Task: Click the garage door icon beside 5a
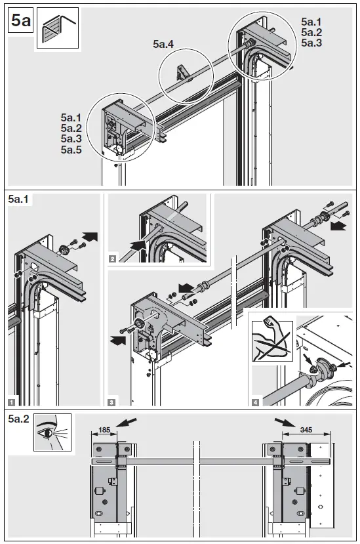56,26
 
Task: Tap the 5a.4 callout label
164,45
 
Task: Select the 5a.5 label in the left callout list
71,150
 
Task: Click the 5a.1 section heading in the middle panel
20,200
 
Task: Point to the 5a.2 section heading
20,421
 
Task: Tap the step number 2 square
113,259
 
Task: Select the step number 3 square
112,400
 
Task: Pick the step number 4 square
255,400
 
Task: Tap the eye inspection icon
52,433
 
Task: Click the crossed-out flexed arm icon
270,340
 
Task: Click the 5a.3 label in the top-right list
312,43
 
